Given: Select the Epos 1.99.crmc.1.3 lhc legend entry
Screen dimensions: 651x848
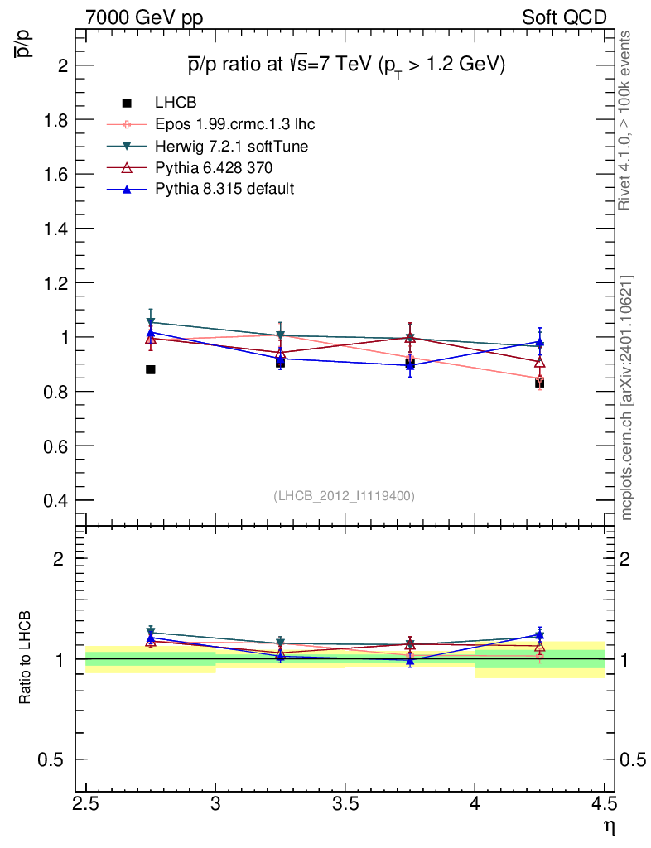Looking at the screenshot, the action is (x=211, y=124).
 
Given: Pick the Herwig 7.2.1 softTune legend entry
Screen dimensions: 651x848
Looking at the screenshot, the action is (x=208, y=146).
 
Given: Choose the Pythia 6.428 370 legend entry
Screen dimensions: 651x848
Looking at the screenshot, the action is (x=190, y=167).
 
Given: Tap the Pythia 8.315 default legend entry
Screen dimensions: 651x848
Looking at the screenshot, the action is (x=200, y=189).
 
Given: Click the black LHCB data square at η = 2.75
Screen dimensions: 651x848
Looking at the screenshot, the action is (x=151, y=370).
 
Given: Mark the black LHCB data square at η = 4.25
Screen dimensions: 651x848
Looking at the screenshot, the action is (x=540, y=383).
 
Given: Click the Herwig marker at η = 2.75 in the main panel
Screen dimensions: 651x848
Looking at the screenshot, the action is (x=151, y=322).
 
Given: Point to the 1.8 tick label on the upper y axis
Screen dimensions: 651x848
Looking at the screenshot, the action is (x=55, y=120).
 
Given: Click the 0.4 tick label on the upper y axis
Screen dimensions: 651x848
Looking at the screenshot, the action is (x=55, y=500).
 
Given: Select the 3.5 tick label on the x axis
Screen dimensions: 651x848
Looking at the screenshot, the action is (x=345, y=805).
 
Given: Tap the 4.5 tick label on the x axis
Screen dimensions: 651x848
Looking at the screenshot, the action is (x=604, y=805).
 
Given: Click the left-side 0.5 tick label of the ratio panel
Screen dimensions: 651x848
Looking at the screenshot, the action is (x=51, y=760).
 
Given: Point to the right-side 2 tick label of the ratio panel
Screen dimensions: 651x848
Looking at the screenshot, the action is (x=625, y=559).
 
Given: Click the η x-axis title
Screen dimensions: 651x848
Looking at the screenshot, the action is (x=610, y=827).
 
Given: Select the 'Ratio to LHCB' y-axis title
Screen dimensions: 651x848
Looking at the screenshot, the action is (x=25, y=658).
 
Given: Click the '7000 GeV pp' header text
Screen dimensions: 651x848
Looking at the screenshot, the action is (x=144, y=18).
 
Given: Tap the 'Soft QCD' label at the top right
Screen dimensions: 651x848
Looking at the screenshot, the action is (x=565, y=18).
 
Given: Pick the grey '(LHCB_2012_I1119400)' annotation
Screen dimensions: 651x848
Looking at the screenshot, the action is (x=345, y=496).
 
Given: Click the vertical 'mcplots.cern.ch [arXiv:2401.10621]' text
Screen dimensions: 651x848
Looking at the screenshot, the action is (x=626, y=398).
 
